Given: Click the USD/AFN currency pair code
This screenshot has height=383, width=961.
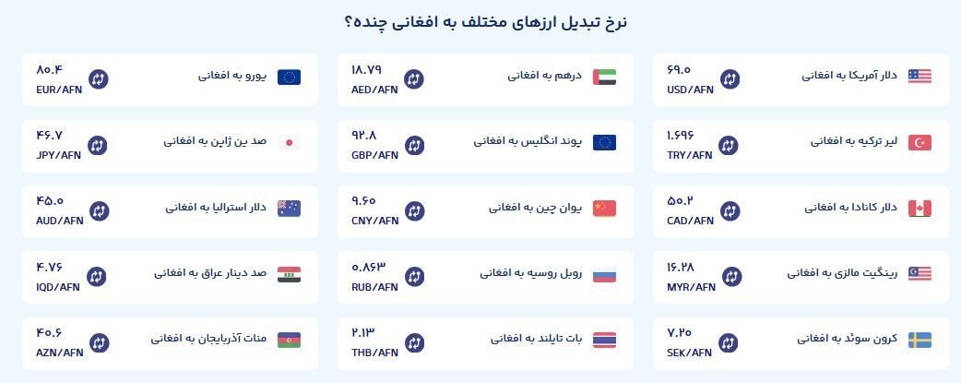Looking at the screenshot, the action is [690, 90].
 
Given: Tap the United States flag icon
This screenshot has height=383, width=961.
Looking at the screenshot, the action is [919, 77].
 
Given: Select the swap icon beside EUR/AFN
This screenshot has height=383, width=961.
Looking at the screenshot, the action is [98, 79].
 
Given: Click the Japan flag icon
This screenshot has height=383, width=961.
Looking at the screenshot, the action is [289, 142].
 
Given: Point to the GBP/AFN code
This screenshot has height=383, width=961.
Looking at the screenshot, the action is [374, 155].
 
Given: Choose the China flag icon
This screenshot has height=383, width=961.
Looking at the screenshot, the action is [604, 209].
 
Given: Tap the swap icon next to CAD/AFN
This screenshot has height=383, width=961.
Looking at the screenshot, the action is [730, 211].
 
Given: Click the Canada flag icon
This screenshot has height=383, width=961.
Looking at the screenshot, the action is [919, 209].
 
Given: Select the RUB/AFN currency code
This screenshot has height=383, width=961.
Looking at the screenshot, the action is [374, 287].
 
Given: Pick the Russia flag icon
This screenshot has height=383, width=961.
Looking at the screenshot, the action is [604, 274].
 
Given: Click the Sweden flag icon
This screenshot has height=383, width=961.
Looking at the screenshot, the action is [919, 340].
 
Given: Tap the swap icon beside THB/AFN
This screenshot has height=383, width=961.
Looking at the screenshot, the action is [414, 342].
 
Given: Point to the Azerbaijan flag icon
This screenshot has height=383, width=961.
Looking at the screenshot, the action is [289, 340].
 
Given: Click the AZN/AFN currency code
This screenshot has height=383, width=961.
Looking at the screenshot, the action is [59, 353].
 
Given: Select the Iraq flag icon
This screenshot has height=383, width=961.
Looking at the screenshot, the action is [289, 274].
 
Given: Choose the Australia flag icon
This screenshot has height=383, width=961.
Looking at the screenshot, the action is [289, 209].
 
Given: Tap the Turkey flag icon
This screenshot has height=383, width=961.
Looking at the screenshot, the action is [919, 142].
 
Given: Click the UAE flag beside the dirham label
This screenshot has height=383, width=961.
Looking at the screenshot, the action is [604, 77].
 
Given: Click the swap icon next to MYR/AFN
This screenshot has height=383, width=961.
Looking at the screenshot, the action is [731, 277].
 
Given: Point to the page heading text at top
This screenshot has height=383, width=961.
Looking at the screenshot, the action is [486, 22].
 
